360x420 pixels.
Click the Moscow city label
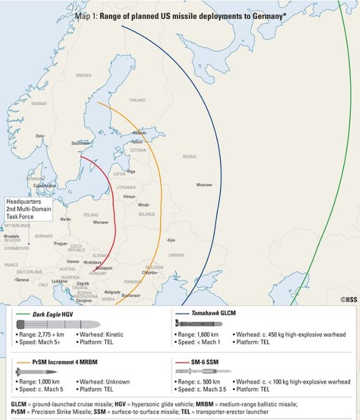204,184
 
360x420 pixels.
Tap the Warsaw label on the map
101,222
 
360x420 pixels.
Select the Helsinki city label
139,132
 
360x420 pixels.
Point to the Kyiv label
172,240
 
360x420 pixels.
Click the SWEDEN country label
84,74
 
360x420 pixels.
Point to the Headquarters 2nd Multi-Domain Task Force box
29,209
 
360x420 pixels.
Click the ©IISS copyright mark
349,299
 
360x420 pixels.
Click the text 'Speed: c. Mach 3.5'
203,388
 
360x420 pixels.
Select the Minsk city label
144,204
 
